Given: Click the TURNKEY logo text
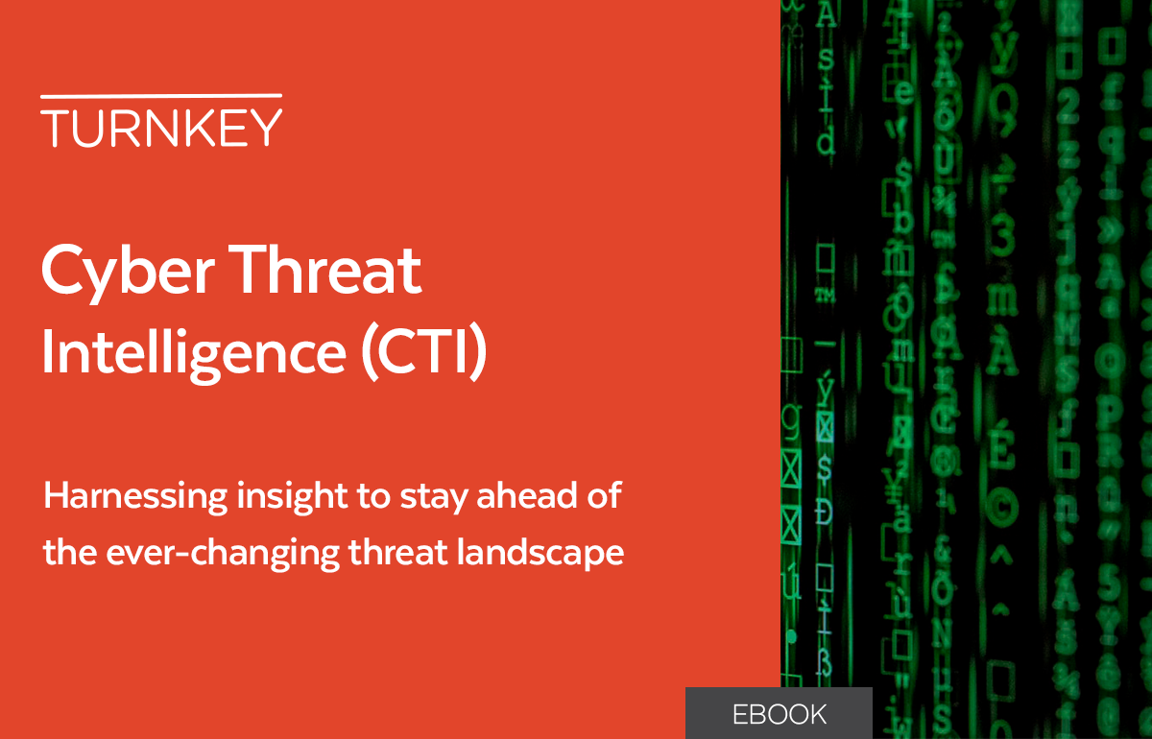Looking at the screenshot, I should [x=161, y=128].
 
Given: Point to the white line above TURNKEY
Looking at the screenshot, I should [x=161, y=96].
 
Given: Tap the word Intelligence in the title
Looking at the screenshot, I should [x=192, y=352].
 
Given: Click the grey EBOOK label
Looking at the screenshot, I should [x=779, y=714].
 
